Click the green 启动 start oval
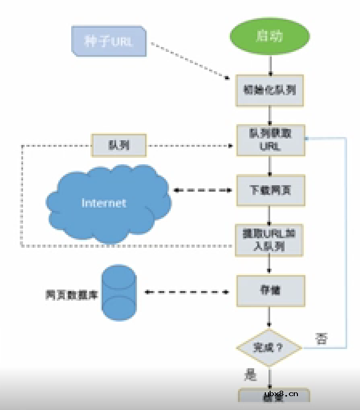pos(270,37)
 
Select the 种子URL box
pos(109,41)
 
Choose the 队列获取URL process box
pos(271,140)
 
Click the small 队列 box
pos(119,146)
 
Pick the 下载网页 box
pos(271,191)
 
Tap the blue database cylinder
pos(119,293)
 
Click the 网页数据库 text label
pos(72,294)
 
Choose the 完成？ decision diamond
pos(269,347)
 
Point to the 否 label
pos(321,338)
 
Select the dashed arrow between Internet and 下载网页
pos(204,190)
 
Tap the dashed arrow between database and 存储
pos(187,292)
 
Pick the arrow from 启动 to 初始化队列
pos(271,65)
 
